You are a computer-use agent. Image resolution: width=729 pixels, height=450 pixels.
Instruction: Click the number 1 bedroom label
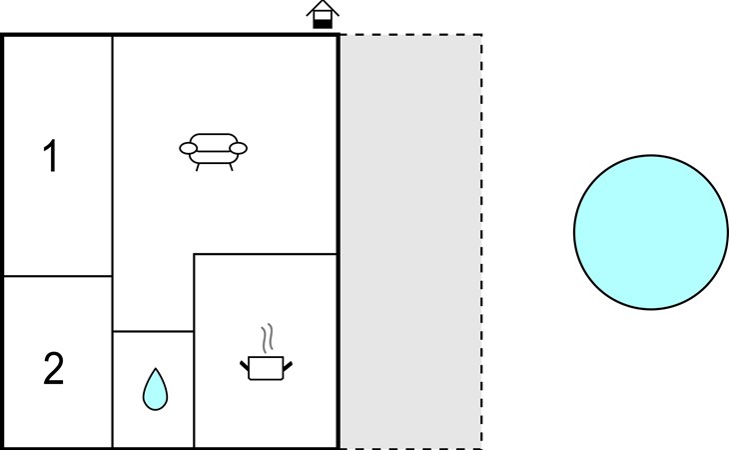(x=51, y=156)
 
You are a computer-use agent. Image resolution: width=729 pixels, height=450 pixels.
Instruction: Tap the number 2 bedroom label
(x=54, y=368)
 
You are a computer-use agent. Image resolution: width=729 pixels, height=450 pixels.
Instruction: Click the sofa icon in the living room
(x=214, y=152)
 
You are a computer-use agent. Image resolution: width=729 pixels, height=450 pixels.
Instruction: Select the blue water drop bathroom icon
(x=155, y=390)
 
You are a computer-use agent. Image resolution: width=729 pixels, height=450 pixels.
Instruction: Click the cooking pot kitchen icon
(x=266, y=368)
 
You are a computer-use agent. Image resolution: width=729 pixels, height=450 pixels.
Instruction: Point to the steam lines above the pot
(x=267, y=338)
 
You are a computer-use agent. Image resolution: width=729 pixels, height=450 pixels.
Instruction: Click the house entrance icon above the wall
(x=323, y=14)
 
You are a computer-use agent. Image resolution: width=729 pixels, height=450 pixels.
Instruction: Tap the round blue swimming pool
(x=651, y=232)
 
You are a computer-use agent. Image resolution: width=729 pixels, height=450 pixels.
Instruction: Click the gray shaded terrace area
(x=410, y=242)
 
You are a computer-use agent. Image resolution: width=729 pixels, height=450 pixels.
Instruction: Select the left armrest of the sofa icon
(x=189, y=148)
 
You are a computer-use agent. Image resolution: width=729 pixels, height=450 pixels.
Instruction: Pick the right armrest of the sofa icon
(x=239, y=148)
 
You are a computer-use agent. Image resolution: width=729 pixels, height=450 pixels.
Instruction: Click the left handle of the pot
(x=245, y=366)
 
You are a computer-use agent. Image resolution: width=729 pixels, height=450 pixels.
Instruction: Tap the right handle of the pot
(x=288, y=366)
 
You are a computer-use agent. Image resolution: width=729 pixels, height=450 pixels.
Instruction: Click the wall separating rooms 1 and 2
(x=58, y=276)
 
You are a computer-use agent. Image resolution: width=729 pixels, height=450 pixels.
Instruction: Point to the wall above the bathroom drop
(x=153, y=331)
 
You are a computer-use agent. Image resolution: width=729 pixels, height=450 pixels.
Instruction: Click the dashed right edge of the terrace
(x=481, y=242)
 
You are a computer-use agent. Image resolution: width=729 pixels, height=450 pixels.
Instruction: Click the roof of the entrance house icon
(x=323, y=8)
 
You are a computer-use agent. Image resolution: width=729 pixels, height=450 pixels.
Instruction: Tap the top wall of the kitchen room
(x=265, y=254)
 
